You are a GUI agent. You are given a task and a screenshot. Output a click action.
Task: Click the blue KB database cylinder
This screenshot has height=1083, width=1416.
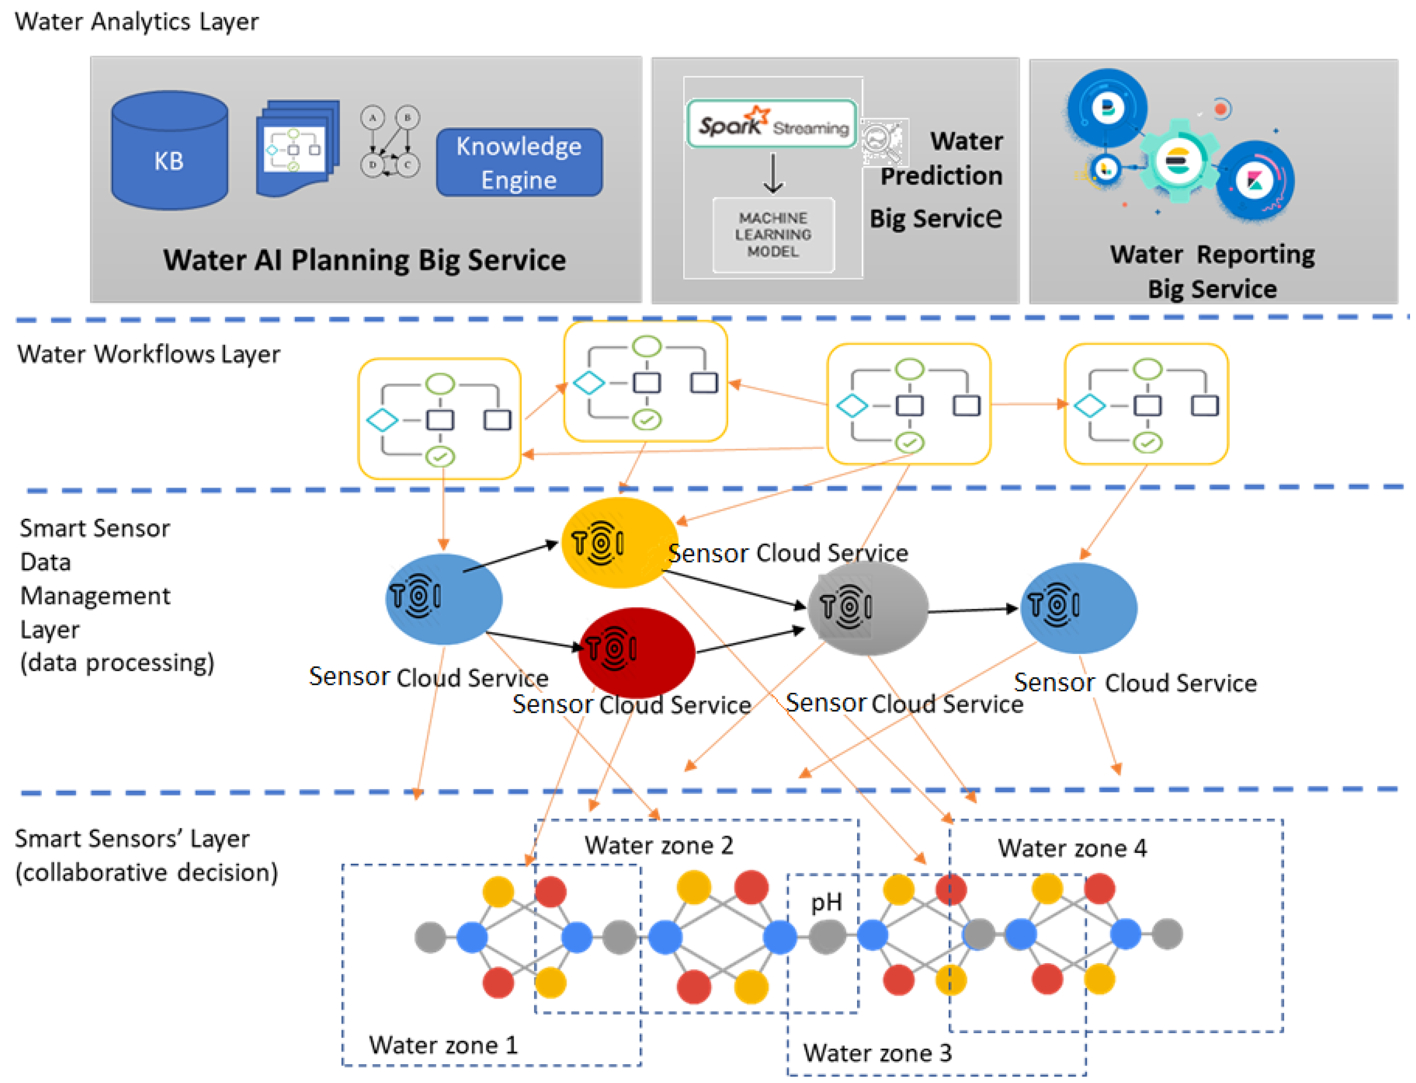pyautogui.click(x=169, y=151)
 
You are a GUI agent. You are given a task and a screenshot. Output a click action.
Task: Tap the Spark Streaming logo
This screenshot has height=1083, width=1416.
pyautogui.click(x=772, y=124)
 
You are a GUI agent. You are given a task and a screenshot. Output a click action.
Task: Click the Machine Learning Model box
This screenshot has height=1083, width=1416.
pyautogui.click(x=772, y=235)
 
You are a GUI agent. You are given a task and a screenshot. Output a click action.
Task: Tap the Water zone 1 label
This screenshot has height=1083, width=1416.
pyautogui.click(x=443, y=1045)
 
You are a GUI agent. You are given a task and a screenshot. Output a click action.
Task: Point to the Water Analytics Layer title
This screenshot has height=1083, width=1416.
pyautogui.click(x=137, y=22)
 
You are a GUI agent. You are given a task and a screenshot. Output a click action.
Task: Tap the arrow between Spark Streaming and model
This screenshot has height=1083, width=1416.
pyautogui.click(x=773, y=173)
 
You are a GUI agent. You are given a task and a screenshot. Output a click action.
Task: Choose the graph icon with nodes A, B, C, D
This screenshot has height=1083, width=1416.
pyautogui.click(x=390, y=142)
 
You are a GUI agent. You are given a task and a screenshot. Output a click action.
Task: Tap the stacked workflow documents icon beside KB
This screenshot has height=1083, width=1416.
pyautogui.click(x=297, y=148)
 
